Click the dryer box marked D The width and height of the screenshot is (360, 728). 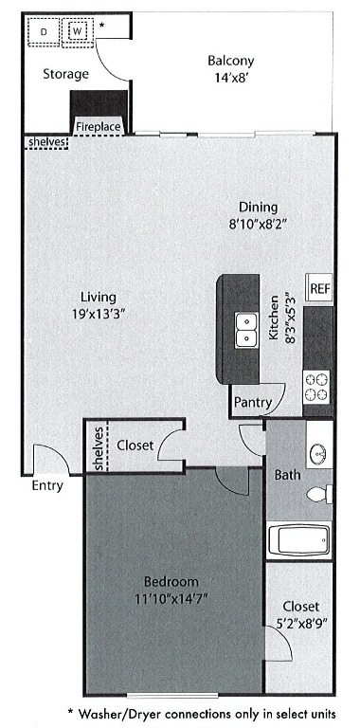[x=44, y=32]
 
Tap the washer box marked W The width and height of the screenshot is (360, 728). [x=78, y=32]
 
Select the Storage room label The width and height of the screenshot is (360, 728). [x=65, y=74]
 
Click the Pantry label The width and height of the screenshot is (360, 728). [x=252, y=403]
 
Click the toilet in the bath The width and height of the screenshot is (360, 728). [x=320, y=495]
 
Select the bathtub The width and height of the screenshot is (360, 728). [x=298, y=542]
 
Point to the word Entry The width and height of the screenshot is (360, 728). [x=46, y=486]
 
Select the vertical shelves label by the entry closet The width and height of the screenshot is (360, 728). [x=98, y=446]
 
